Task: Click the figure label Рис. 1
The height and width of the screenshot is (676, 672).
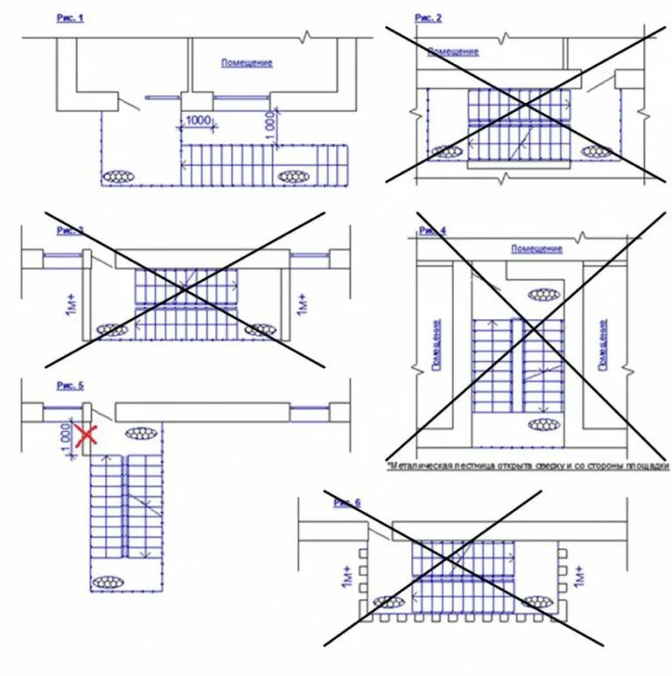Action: [70, 18]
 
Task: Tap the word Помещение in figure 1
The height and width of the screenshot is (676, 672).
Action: [247, 63]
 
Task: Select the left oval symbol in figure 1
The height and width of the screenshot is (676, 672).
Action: [117, 177]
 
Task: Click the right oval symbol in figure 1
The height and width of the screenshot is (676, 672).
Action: [294, 177]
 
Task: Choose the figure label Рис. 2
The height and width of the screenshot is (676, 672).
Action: [428, 18]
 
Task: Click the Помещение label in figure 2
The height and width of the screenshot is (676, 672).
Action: [453, 52]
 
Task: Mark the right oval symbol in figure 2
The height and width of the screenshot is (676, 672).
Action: [597, 152]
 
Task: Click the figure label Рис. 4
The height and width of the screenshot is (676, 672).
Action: [432, 231]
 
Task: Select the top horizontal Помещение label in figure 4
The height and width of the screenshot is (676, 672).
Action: [536, 249]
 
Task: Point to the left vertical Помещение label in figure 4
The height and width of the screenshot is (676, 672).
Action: [437, 345]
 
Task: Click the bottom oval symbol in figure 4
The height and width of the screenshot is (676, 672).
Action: [544, 424]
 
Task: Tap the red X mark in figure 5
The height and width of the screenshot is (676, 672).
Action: [85, 435]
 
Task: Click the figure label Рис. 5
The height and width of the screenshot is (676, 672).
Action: [70, 385]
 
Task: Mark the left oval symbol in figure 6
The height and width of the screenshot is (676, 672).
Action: [388, 602]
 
